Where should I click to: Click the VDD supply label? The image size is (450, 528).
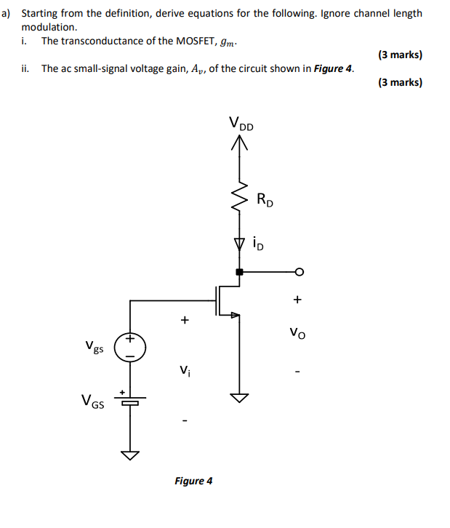coord(241,124)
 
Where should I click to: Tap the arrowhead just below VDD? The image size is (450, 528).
coord(239,144)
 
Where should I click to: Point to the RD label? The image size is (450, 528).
coord(265,199)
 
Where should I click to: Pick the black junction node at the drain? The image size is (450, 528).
coord(239,272)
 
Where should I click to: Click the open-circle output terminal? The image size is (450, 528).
coord(297,272)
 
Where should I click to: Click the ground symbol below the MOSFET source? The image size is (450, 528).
coord(239,397)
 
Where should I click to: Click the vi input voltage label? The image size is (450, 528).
coord(185,371)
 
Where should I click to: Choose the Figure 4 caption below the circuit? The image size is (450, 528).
coord(193,481)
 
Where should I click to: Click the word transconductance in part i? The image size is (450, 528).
coord(99,41)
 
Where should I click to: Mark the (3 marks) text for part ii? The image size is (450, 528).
coord(400,82)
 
